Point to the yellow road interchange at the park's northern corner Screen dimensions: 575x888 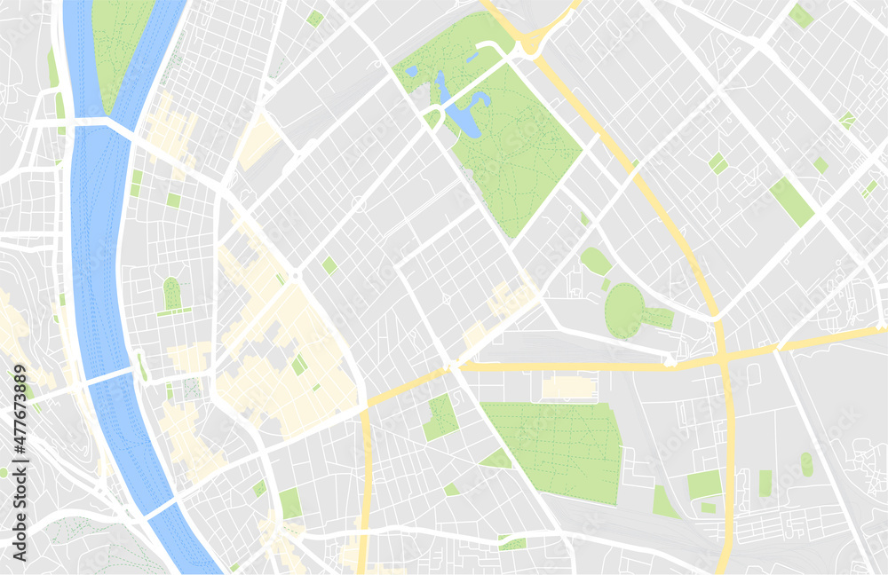coord(533,40)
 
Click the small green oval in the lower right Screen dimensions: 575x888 coord(806,464)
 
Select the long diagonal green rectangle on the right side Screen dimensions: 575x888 coord(791,201)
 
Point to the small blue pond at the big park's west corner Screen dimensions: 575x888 coord(411,71)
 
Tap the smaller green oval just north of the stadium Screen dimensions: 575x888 coord(596,261)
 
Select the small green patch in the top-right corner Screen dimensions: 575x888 coord(802,15)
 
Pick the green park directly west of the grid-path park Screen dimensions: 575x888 coord(440,418)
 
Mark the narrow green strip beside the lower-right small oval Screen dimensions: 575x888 coord(765,484)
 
